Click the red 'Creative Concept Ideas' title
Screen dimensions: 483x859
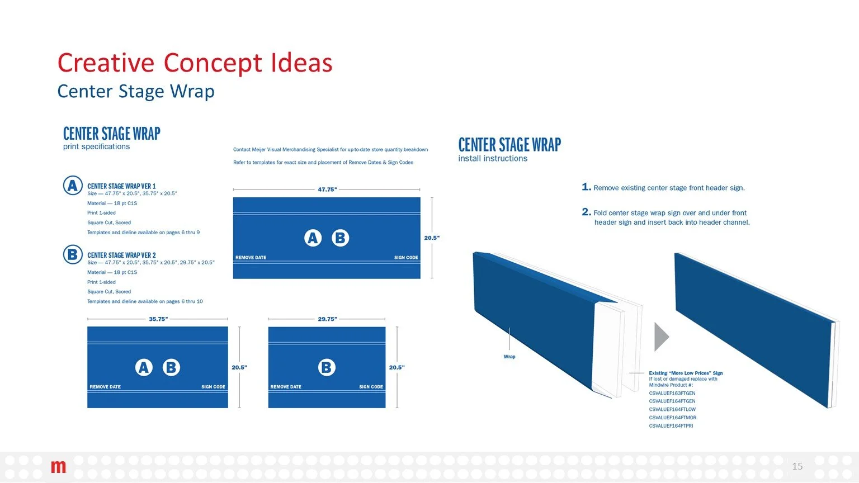tap(195, 63)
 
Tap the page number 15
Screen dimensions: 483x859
tap(797, 466)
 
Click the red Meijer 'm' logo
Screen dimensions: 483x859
tap(58, 466)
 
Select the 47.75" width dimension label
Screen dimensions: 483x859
tap(327, 190)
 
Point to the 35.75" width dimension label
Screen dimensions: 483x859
tap(158, 319)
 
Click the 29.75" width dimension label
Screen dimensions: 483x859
tap(327, 319)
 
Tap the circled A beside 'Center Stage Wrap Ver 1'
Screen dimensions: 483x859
tap(73, 186)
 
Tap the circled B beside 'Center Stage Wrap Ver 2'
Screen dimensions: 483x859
tap(73, 255)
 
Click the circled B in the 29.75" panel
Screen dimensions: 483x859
tap(327, 367)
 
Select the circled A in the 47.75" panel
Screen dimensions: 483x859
tap(313, 238)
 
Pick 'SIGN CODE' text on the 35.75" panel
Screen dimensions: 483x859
tap(213, 387)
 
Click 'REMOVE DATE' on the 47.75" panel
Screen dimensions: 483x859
tap(251, 258)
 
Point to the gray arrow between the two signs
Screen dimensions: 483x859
tap(661, 337)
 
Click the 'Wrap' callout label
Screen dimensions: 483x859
tap(509, 357)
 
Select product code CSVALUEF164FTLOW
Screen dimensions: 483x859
tap(672, 409)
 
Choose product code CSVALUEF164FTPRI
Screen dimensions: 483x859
tap(671, 426)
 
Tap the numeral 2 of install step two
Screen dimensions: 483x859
tap(586, 212)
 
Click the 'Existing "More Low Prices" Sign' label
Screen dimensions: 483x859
tap(686, 373)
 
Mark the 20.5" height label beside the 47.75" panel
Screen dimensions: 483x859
tap(431, 238)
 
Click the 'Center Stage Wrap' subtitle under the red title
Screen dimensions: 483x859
tap(136, 91)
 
